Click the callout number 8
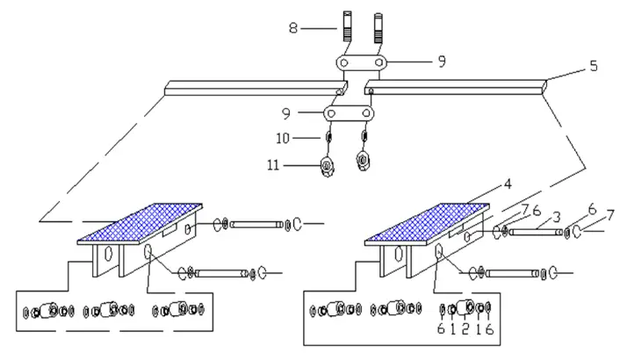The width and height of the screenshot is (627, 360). (292, 28)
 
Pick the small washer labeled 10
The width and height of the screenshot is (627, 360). (328, 138)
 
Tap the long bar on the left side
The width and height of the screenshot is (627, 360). (255, 86)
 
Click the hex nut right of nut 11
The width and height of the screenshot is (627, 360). (362, 162)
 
